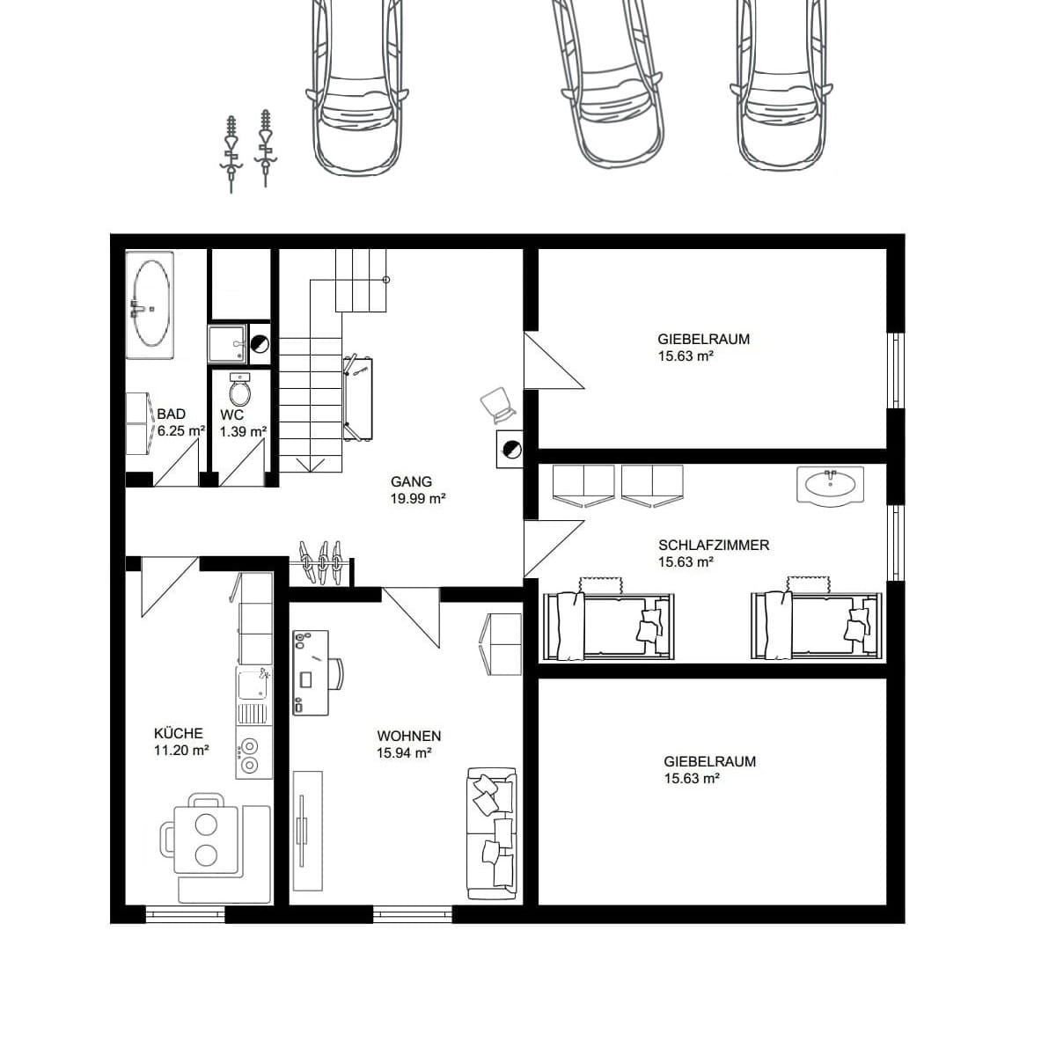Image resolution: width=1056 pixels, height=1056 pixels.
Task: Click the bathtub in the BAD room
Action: coord(150,304)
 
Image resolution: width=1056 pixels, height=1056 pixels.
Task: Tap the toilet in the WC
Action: coord(240,390)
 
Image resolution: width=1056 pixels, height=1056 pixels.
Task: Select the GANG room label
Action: coord(411,481)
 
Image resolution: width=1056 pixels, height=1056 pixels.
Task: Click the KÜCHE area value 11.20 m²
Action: coord(181,751)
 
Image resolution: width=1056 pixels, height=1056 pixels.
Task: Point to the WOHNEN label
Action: coord(409,736)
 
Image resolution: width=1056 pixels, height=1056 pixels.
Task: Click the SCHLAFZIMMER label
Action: coord(714,546)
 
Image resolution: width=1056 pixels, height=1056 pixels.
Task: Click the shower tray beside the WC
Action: coord(227,343)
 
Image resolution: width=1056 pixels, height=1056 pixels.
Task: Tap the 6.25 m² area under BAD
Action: coord(181,430)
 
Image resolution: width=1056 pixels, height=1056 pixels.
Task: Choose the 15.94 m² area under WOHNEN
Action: coord(405,753)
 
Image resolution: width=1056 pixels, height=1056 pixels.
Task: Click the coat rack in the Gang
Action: coord(322,563)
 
